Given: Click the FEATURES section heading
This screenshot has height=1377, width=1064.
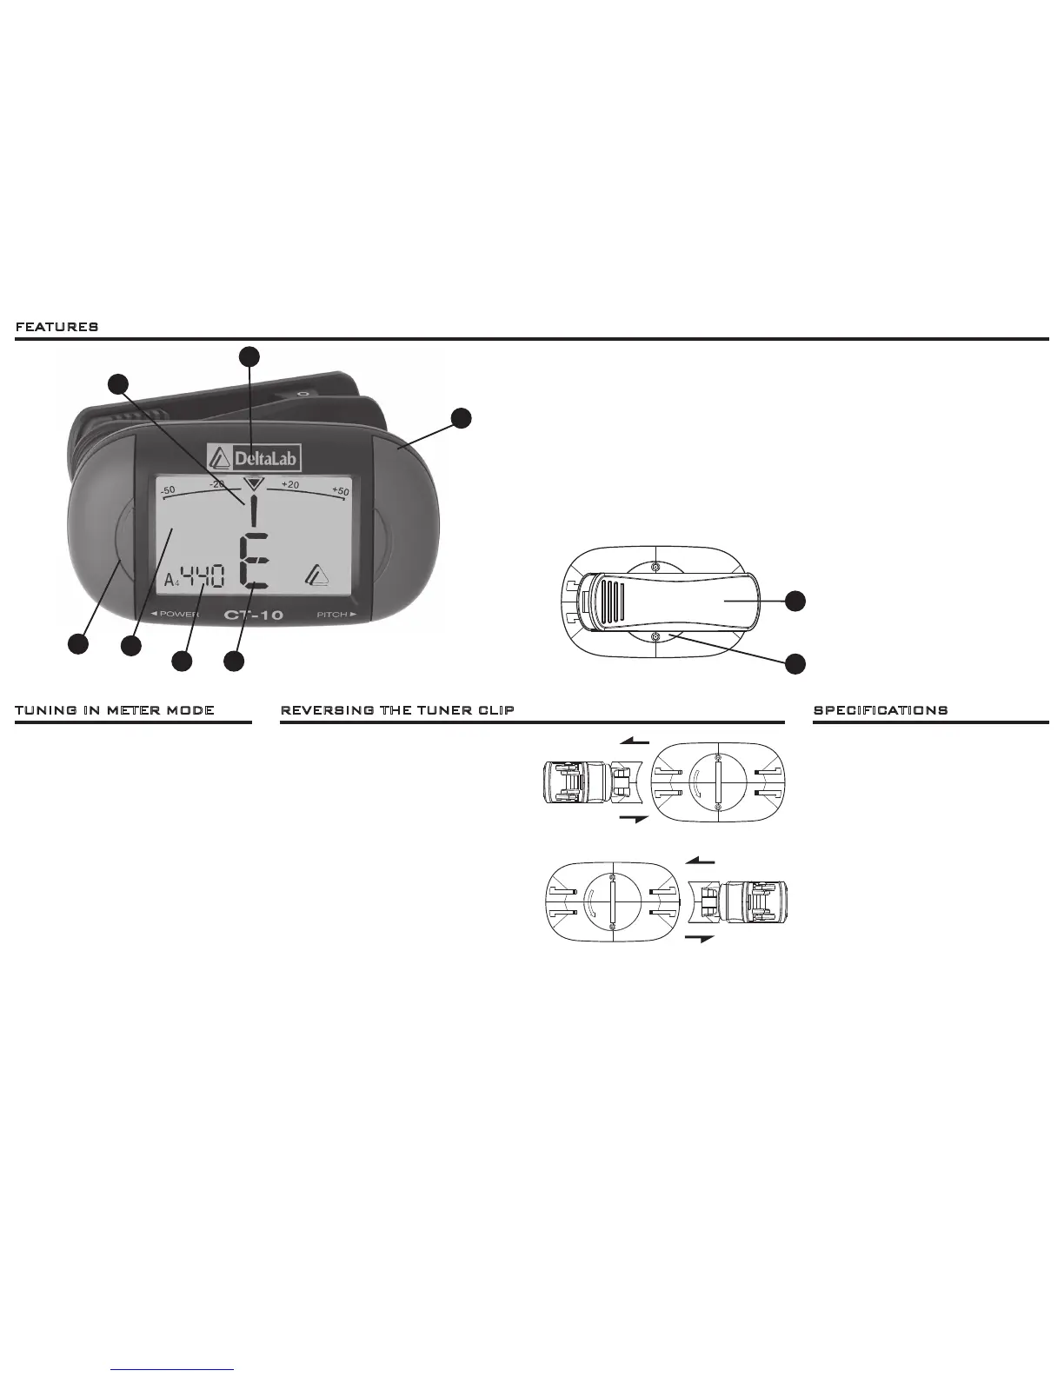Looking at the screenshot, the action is click(x=57, y=327).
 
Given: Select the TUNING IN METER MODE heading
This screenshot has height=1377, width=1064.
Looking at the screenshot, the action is click(x=115, y=710).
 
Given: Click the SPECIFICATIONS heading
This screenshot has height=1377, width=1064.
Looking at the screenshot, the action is click(x=881, y=710).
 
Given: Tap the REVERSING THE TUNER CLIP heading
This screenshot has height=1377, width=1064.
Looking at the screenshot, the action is click(x=397, y=710).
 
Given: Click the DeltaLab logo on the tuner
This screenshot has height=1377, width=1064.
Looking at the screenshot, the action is click(x=254, y=458).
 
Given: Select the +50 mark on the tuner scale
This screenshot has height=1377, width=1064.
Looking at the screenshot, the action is click(x=340, y=491).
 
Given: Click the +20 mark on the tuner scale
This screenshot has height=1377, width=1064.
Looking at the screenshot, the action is click(x=290, y=484).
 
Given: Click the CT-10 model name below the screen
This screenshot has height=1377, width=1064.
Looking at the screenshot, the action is click(x=254, y=615).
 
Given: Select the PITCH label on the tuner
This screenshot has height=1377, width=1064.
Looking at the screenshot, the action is click(x=336, y=615).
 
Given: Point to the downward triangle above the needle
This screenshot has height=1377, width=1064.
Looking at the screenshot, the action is click(x=253, y=484).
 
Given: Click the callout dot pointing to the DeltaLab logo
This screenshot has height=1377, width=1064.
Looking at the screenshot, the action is click(x=249, y=355).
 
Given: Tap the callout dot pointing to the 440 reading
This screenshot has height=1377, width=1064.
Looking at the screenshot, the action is click(x=182, y=661).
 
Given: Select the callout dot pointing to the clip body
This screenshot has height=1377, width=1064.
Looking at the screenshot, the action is click(x=795, y=601).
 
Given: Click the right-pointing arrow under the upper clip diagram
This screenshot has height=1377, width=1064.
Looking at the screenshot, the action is click(x=635, y=820).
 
